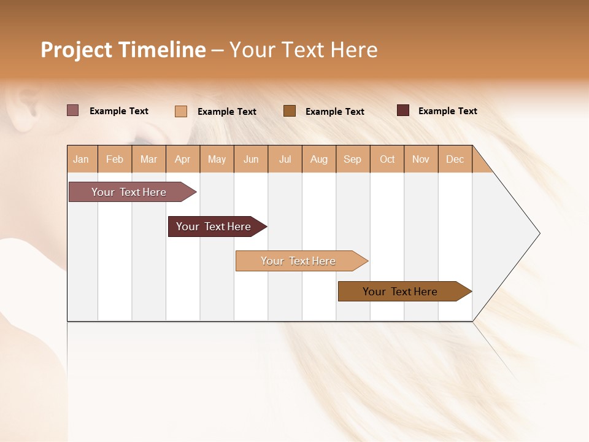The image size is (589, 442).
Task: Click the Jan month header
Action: (81, 159)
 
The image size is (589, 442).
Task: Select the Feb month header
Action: (115, 159)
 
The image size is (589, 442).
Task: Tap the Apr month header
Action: (182, 159)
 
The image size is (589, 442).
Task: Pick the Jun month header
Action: (251, 159)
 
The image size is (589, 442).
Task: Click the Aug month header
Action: (318, 159)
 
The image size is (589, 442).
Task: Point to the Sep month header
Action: (352, 159)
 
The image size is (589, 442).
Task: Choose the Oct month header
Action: (387, 159)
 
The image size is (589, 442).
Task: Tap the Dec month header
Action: (455, 159)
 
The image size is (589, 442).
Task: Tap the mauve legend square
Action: (72, 110)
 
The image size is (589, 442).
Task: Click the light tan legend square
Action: (181, 111)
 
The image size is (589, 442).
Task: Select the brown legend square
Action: (290, 110)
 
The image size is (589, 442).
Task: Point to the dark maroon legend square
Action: (403, 110)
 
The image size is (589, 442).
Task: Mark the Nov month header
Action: (421, 159)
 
